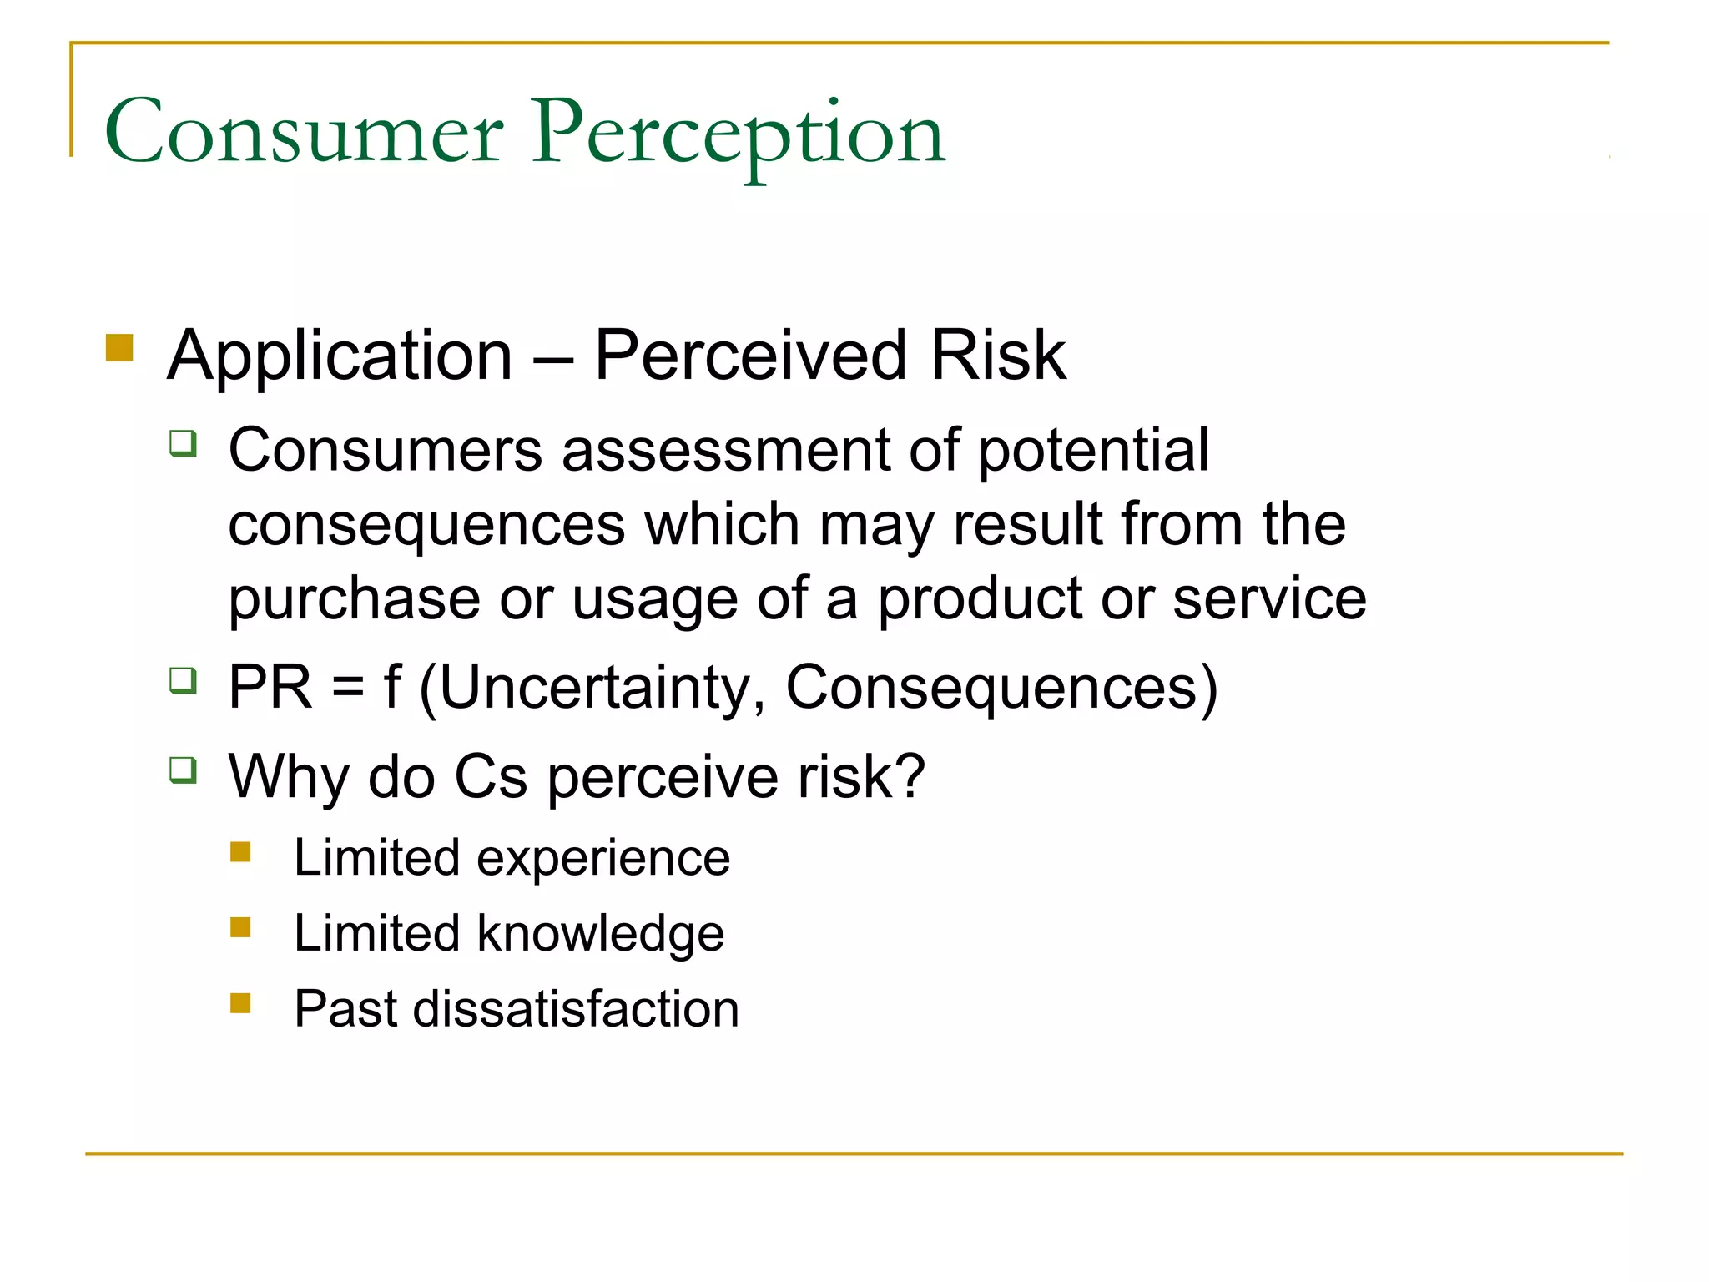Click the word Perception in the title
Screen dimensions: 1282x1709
(738, 134)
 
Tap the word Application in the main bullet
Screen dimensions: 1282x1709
(340, 356)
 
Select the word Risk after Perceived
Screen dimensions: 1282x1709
(997, 356)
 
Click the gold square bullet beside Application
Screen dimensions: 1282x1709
(120, 347)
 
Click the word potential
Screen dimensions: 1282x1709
(1092, 451)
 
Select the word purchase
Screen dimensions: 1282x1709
(354, 599)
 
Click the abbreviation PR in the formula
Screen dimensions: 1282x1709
(270, 688)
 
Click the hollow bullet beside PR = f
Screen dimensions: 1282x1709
(183, 680)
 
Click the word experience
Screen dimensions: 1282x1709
(602, 858)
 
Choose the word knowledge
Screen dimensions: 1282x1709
(600, 933)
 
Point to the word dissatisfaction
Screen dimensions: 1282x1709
(576, 1008)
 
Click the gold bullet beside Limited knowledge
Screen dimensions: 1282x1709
(240, 927)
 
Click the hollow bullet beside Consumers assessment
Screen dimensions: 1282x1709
(183, 442)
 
